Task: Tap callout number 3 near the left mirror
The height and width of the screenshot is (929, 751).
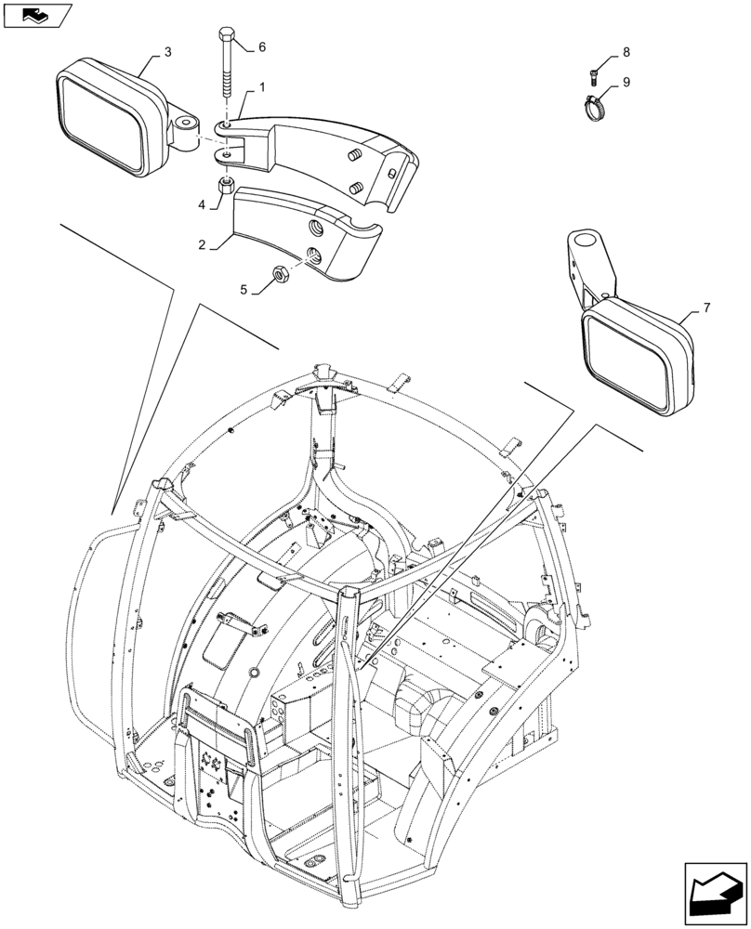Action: click(167, 53)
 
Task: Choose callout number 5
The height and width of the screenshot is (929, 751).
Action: click(244, 290)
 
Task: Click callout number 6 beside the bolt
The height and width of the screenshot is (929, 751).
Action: click(261, 46)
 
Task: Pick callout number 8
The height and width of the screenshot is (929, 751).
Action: click(626, 52)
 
